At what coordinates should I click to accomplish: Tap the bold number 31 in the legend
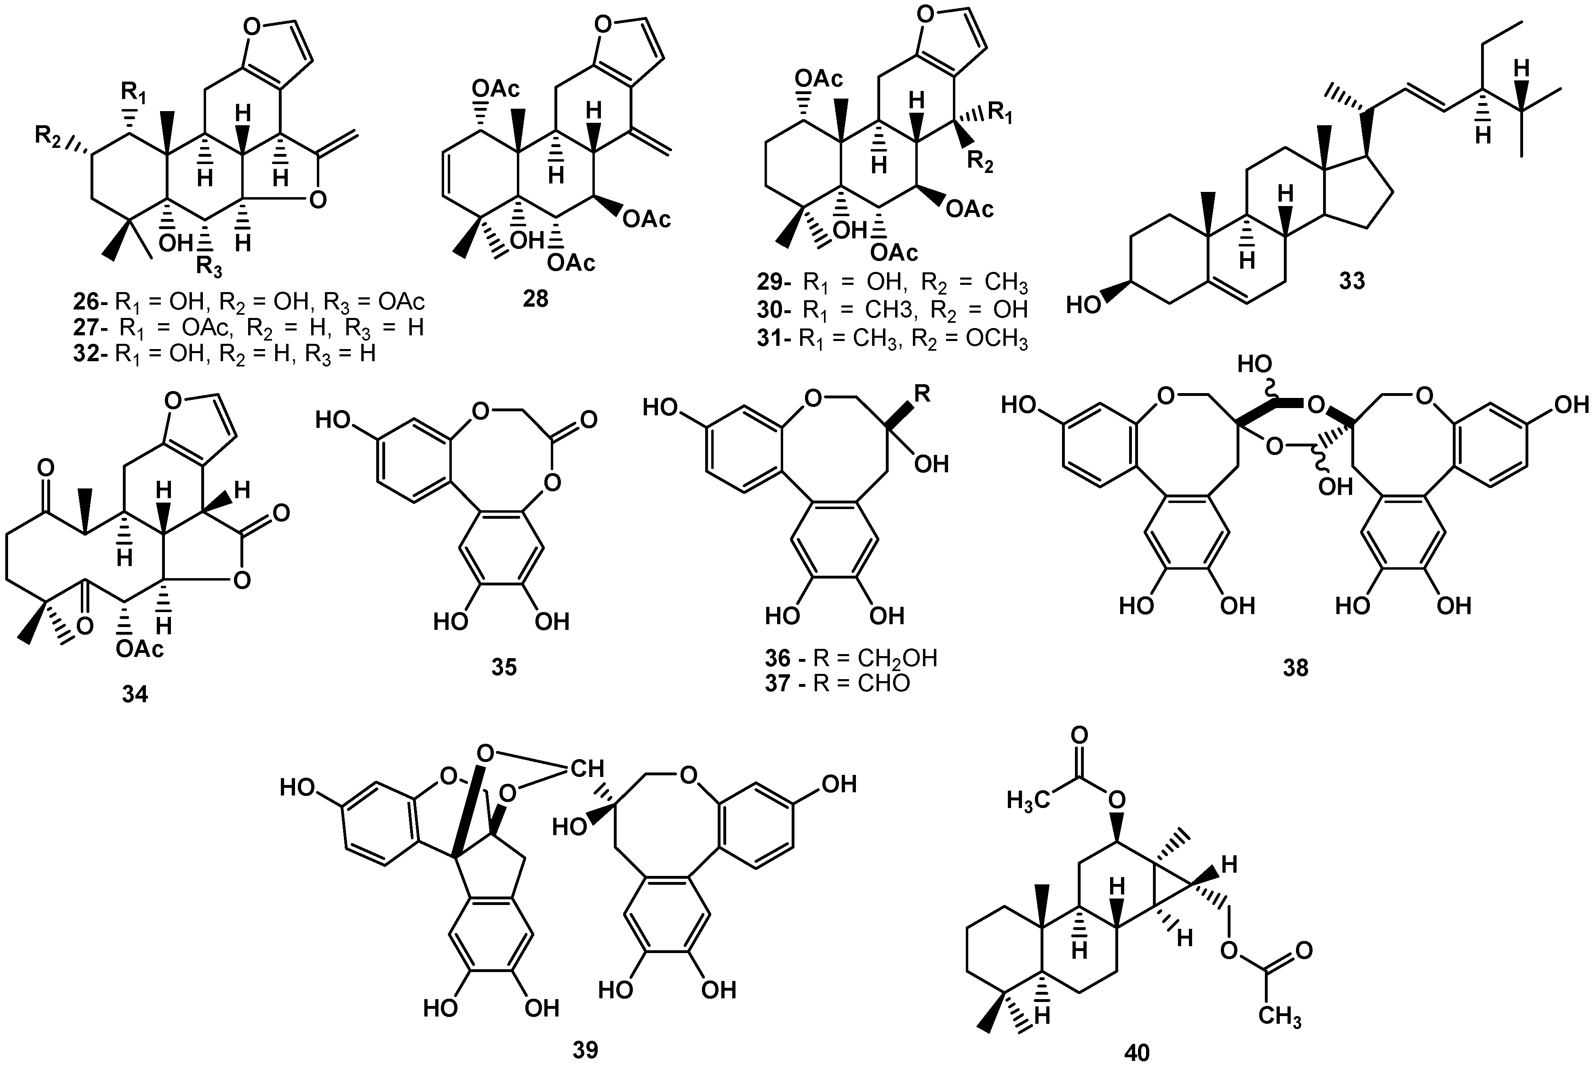(x=772, y=338)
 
